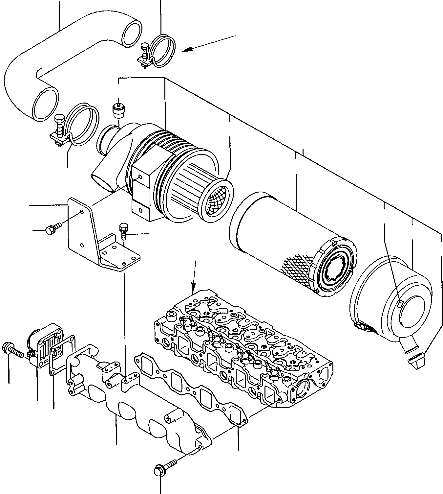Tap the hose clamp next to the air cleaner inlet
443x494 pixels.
(82, 125)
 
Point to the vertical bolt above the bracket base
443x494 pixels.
(123, 230)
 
